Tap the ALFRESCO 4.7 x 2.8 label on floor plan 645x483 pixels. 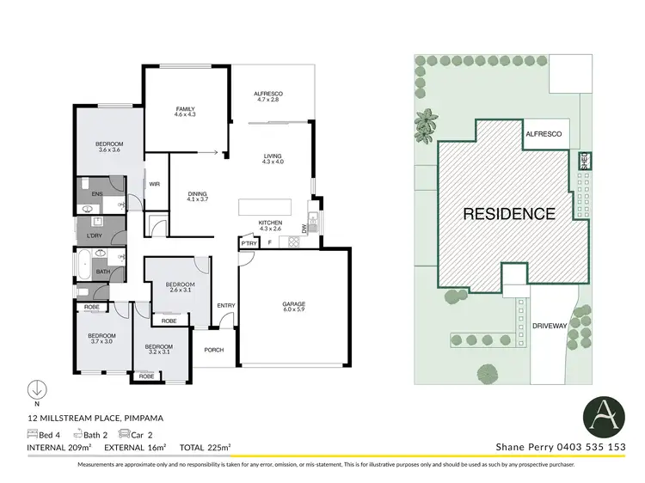click(x=268, y=96)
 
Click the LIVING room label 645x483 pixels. click(x=273, y=158)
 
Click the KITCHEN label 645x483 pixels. click(x=271, y=225)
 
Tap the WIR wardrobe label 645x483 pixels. click(x=155, y=183)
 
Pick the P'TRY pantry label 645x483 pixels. click(x=249, y=245)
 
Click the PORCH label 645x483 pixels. click(x=213, y=350)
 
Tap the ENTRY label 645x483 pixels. click(x=226, y=305)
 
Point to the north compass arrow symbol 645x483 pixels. click(x=37, y=389)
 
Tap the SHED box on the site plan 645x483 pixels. click(x=582, y=160)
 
